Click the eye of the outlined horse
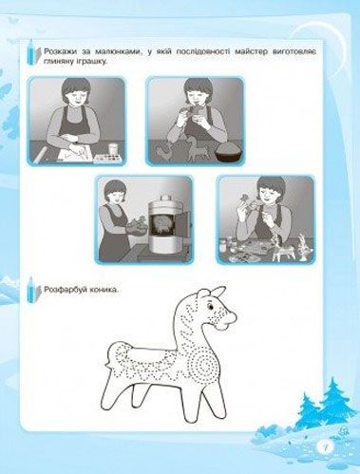pos(210,306)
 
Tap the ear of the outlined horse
pos(218,293)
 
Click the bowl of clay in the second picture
pos(228,153)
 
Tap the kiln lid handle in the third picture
pos(164,199)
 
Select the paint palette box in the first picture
pos(106,159)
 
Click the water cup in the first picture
pos(113,148)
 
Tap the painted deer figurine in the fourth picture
pos(279,248)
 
